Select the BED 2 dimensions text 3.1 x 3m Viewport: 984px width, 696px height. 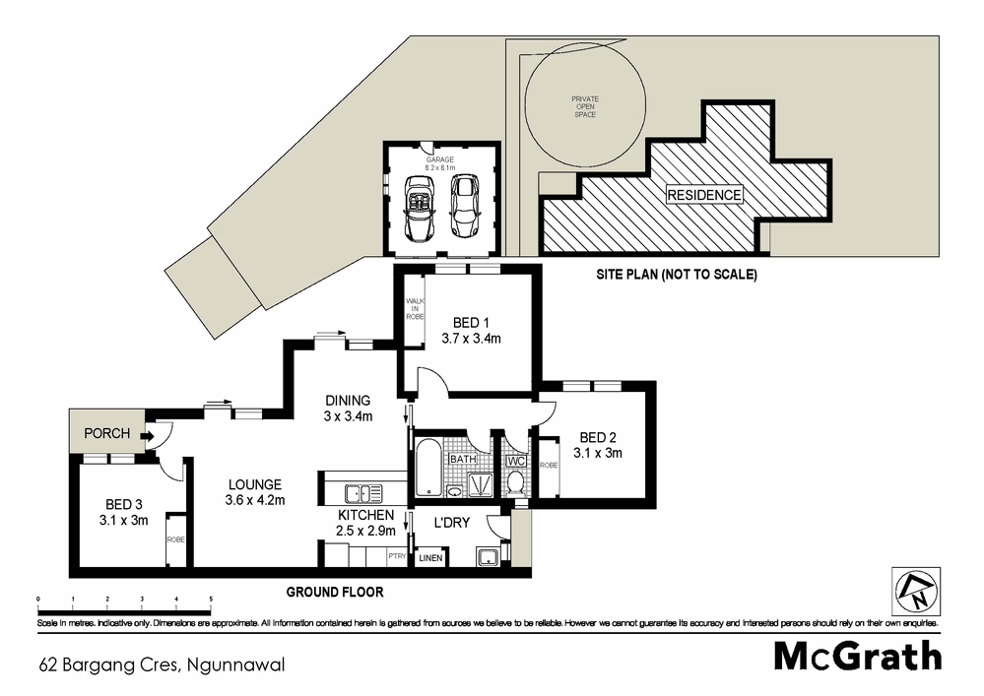click(600, 453)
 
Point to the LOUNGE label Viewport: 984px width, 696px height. click(256, 484)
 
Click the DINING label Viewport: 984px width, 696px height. click(349, 401)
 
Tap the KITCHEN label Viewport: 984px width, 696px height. click(365, 515)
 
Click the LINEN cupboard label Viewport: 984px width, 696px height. click(430, 559)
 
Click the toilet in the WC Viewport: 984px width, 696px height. click(516, 481)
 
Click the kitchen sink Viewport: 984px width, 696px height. click(361, 494)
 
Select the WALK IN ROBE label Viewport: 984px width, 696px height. click(414, 310)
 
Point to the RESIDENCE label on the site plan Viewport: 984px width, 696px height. click(703, 195)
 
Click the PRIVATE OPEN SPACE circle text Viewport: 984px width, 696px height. click(585, 106)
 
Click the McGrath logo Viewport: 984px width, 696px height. click(857, 656)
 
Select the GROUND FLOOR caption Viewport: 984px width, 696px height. click(334, 593)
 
